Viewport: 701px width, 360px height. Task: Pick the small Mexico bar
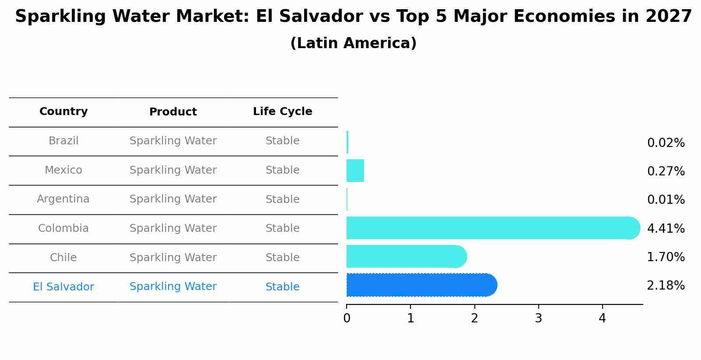click(355, 171)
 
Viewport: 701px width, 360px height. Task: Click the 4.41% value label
click(666, 228)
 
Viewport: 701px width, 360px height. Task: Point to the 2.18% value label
click(666, 286)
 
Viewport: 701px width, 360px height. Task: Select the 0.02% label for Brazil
click(666, 143)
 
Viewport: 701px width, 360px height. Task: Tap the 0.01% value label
click(666, 200)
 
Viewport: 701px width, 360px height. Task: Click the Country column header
click(63, 112)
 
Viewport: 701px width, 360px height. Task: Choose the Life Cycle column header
click(282, 112)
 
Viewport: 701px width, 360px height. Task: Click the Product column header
click(173, 112)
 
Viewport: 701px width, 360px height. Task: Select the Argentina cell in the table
click(63, 199)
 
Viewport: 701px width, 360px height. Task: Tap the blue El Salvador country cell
click(63, 287)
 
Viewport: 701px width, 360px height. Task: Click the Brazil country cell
click(63, 141)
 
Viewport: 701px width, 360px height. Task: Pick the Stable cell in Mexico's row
click(282, 170)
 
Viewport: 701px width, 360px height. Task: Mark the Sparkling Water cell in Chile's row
click(173, 258)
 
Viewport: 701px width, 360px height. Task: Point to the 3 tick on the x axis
click(538, 318)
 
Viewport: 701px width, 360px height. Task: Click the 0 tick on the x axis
click(347, 318)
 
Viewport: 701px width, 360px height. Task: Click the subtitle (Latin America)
click(353, 43)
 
